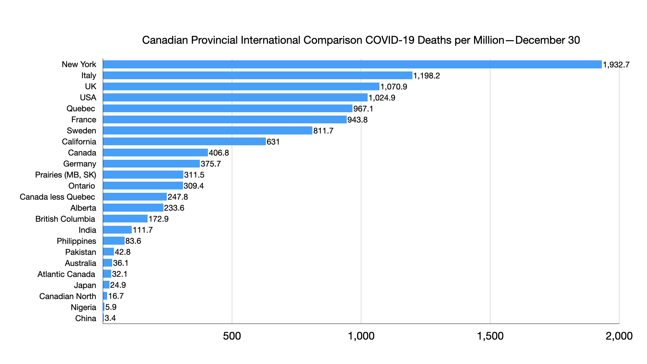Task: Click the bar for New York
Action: (x=352, y=64)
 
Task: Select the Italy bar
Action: (x=257, y=75)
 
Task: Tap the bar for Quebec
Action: (x=227, y=109)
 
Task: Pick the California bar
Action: (x=184, y=142)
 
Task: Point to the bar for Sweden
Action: (x=208, y=130)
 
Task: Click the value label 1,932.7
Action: (x=616, y=65)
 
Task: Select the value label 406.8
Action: (x=219, y=153)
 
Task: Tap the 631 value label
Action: (x=273, y=142)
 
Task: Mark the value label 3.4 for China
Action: (x=110, y=318)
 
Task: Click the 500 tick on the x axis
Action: (x=232, y=336)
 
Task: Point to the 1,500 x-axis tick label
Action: (x=490, y=336)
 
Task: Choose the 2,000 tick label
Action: (x=619, y=336)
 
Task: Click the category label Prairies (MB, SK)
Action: (x=65, y=175)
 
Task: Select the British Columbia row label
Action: (x=65, y=219)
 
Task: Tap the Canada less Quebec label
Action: (x=57, y=197)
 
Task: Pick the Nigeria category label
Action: (x=83, y=307)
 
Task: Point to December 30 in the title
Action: (x=547, y=40)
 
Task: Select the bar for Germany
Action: (x=151, y=164)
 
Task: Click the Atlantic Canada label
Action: (x=66, y=274)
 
